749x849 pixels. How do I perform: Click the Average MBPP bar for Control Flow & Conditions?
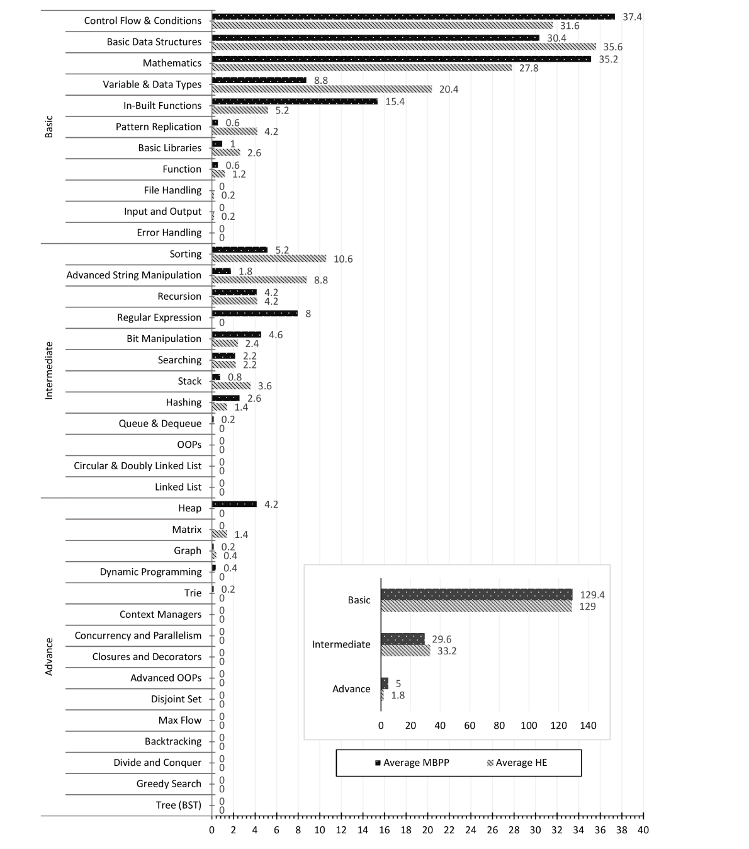(413, 16)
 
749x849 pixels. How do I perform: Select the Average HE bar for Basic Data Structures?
(403, 47)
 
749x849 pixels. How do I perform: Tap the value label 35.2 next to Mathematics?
(608, 59)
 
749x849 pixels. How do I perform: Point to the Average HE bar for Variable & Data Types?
(322, 89)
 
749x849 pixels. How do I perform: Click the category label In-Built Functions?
(162, 105)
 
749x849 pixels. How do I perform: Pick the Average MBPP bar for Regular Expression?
(255, 313)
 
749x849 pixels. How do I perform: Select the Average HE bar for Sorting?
(269, 258)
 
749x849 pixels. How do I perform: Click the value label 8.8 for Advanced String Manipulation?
(321, 280)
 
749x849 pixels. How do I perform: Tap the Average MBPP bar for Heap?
(234, 504)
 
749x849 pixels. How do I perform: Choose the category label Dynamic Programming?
(150, 572)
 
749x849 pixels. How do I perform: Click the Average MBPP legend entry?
(416, 763)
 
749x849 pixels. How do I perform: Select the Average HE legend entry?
(521, 763)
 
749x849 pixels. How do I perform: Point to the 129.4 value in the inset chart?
(592, 595)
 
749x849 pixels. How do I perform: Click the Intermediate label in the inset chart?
(341, 644)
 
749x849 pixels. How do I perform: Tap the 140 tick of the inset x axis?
(588, 726)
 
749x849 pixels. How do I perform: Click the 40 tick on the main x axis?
(643, 829)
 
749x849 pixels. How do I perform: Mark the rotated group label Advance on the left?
(49, 656)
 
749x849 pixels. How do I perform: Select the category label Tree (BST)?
(179, 805)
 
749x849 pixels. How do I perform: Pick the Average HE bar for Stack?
(231, 385)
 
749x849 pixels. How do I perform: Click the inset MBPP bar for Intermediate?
(402, 639)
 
